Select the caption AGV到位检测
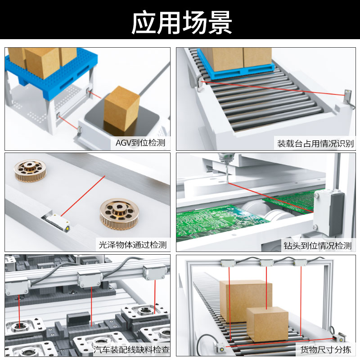pyautogui.click(x=140, y=144)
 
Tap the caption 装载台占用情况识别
pyautogui.click(x=315, y=144)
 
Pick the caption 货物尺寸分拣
pyautogui.click(x=325, y=349)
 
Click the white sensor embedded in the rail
pyautogui.click(x=56, y=222)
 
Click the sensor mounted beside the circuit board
pyautogui.click(x=330, y=211)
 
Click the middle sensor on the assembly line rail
pyautogui.click(x=89, y=279)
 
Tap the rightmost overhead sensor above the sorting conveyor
pyautogui.click(x=300, y=263)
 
